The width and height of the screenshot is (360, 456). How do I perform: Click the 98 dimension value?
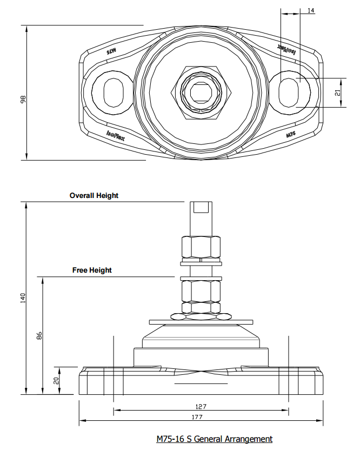22,100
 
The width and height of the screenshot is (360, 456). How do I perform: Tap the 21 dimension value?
338,92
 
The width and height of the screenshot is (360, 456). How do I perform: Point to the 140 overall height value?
23,297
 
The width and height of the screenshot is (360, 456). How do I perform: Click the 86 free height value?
39,335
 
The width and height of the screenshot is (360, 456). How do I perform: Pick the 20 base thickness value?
56,380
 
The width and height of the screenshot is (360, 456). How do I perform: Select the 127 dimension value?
201,406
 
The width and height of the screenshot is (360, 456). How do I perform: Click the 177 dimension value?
201,417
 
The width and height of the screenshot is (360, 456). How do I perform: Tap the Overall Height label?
94,195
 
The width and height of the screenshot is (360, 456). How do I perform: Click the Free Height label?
92,270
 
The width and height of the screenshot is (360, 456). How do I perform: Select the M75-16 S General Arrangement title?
214,439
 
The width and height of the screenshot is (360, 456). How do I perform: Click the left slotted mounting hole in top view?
112,90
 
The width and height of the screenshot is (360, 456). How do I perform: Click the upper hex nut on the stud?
201,247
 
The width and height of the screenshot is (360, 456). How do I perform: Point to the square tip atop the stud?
201,207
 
